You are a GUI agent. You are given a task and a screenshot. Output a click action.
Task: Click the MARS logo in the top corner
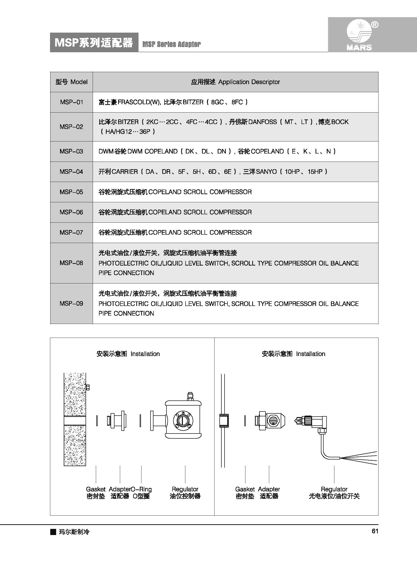click(x=359, y=35)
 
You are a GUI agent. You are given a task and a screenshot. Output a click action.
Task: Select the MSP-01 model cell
click(x=71, y=102)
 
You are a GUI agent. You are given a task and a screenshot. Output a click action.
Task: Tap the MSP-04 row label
click(x=71, y=172)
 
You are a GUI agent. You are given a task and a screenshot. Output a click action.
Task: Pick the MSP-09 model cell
click(x=71, y=304)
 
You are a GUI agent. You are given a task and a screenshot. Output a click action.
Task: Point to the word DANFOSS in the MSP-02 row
click(x=263, y=122)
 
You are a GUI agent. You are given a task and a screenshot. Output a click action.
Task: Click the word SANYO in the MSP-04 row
click(x=266, y=172)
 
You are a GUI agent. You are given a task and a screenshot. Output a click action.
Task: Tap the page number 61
click(x=375, y=531)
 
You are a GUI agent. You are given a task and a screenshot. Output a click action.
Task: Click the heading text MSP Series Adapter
click(x=171, y=44)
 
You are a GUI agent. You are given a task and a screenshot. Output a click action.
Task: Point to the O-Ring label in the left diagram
click(x=141, y=489)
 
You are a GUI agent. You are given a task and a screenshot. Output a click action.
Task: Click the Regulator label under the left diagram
click(x=185, y=489)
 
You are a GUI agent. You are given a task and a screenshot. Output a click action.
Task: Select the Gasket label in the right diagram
click(x=245, y=489)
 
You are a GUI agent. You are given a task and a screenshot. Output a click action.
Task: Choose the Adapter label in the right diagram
click(x=269, y=489)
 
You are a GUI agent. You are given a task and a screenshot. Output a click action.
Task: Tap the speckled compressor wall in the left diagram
click(x=75, y=396)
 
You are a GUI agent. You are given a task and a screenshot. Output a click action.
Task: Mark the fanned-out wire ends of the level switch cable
click(x=361, y=458)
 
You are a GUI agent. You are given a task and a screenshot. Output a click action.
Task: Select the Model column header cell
click(x=71, y=82)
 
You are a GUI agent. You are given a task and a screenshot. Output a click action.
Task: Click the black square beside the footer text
click(x=53, y=532)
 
